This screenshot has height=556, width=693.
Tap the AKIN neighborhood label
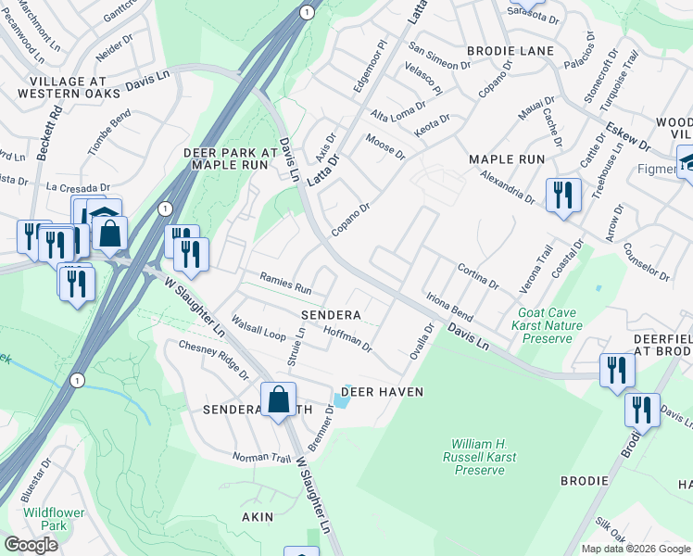[x=258, y=517]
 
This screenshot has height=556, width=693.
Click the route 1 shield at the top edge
[x=305, y=10]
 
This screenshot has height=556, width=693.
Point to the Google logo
[x=31, y=545]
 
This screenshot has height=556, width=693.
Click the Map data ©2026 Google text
[x=635, y=549]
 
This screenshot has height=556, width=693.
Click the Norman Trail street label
[x=261, y=456]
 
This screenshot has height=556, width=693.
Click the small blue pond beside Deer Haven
[x=341, y=400]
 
